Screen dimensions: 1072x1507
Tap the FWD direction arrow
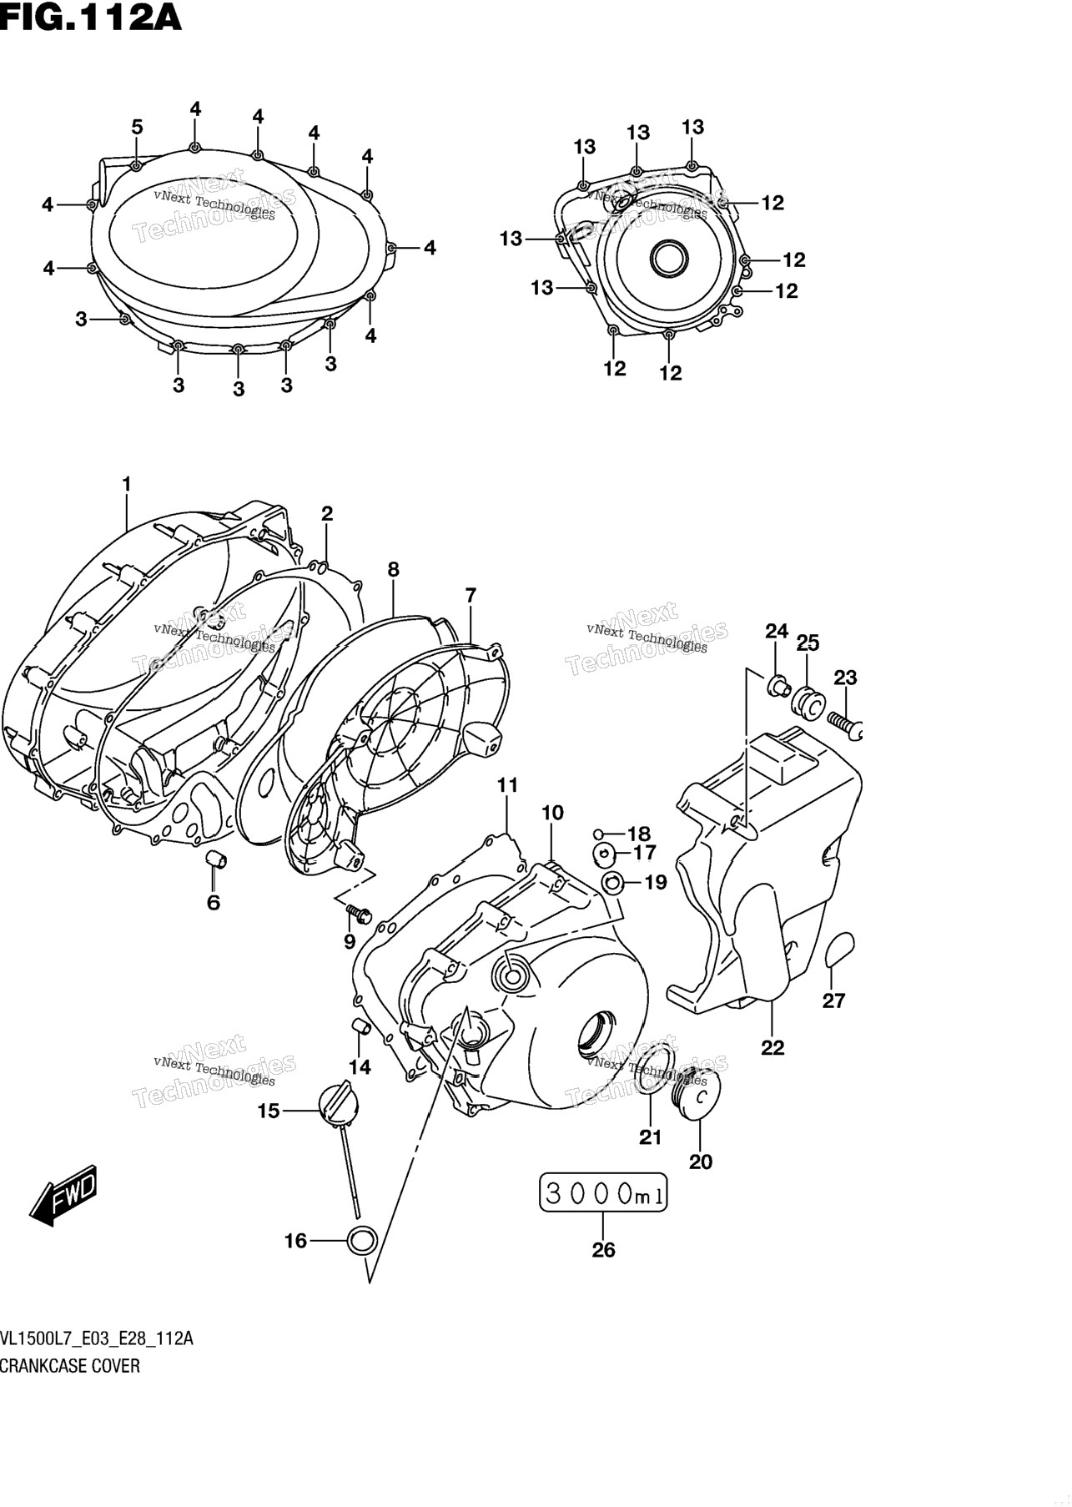64,1199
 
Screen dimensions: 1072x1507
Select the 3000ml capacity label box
603,1193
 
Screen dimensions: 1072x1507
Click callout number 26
603,1249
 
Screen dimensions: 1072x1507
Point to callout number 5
137,127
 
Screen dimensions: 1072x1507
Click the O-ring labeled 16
361,1241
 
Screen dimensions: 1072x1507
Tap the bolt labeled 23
844,723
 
